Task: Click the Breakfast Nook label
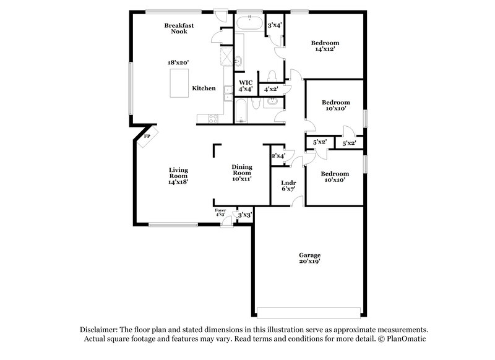pos(176,28)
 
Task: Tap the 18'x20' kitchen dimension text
pos(178,62)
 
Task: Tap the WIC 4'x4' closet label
pos(245,85)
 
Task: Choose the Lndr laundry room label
pos(288,186)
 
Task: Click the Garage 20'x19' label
pos(310,259)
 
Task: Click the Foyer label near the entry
pos(220,212)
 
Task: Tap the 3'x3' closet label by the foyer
pos(245,215)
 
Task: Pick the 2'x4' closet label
pos(278,156)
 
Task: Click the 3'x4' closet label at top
pos(273,25)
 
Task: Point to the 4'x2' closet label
pos(270,89)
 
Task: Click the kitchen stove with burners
pos(212,117)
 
